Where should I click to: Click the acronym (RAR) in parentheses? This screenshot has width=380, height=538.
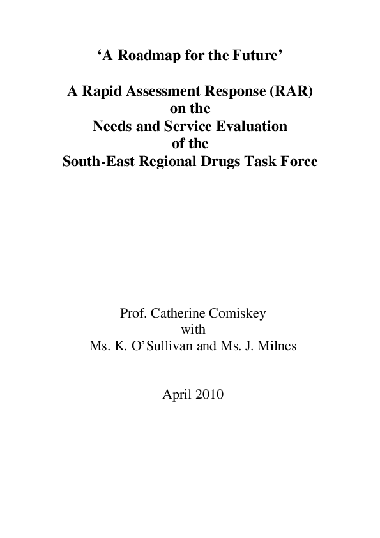point(293,92)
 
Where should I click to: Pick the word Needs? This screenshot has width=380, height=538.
point(112,127)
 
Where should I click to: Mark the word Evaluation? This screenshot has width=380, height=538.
point(251,127)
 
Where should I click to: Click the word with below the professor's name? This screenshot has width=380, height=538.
point(190,331)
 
